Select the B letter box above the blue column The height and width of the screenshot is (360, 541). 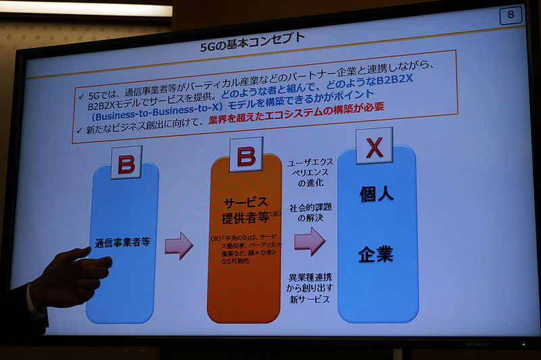point(126,163)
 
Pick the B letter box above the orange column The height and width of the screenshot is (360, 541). point(245,157)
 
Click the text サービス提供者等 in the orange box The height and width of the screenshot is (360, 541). point(245,210)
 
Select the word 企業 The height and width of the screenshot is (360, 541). point(376,254)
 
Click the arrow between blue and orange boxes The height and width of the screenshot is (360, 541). point(179,245)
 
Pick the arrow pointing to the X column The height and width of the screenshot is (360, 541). point(309,241)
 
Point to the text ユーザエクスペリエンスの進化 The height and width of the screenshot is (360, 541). point(310,174)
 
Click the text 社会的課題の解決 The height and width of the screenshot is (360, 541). point(310,212)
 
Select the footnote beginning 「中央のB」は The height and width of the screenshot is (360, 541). point(247,248)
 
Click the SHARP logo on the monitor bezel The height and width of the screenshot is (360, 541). point(477,344)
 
